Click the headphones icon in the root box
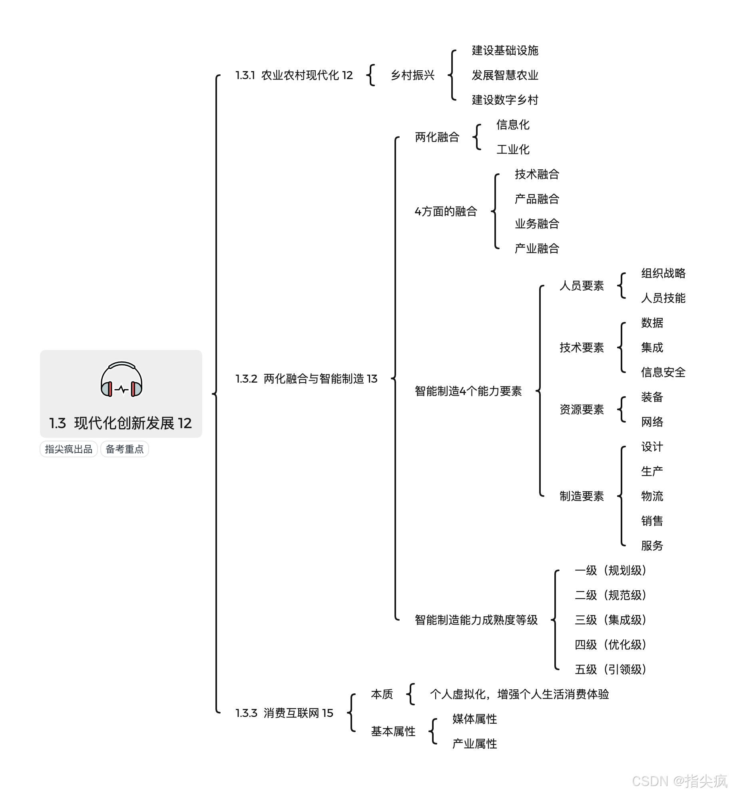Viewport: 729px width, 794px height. click(x=121, y=379)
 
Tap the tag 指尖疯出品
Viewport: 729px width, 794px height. click(x=69, y=449)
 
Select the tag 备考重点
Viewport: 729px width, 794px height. click(x=124, y=449)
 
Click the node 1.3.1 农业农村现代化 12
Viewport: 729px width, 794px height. click(x=294, y=75)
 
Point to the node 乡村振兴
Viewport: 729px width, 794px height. click(x=412, y=75)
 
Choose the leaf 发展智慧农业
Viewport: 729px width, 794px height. click(x=505, y=75)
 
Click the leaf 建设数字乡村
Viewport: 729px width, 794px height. click(x=505, y=100)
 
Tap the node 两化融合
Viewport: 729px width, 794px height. click(x=437, y=137)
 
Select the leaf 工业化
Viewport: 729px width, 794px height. click(x=513, y=149)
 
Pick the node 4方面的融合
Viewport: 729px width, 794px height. click(x=446, y=211)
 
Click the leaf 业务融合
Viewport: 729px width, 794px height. click(x=537, y=224)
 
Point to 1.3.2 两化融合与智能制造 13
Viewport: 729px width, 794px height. click(x=306, y=379)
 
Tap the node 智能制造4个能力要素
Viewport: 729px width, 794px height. click(x=468, y=391)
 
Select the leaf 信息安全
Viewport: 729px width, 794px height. click(x=663, y=372)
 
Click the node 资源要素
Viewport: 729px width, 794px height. click(x=582, y=409)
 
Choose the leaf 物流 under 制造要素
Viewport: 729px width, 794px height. click(x=652, y=496)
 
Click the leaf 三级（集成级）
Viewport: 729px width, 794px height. click(x=610, y=620)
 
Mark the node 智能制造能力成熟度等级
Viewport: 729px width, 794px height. click(x=476, y=620)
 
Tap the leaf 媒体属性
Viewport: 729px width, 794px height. click(x=474, y=719)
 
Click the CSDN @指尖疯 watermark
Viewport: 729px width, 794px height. click(x=679, y=781)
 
